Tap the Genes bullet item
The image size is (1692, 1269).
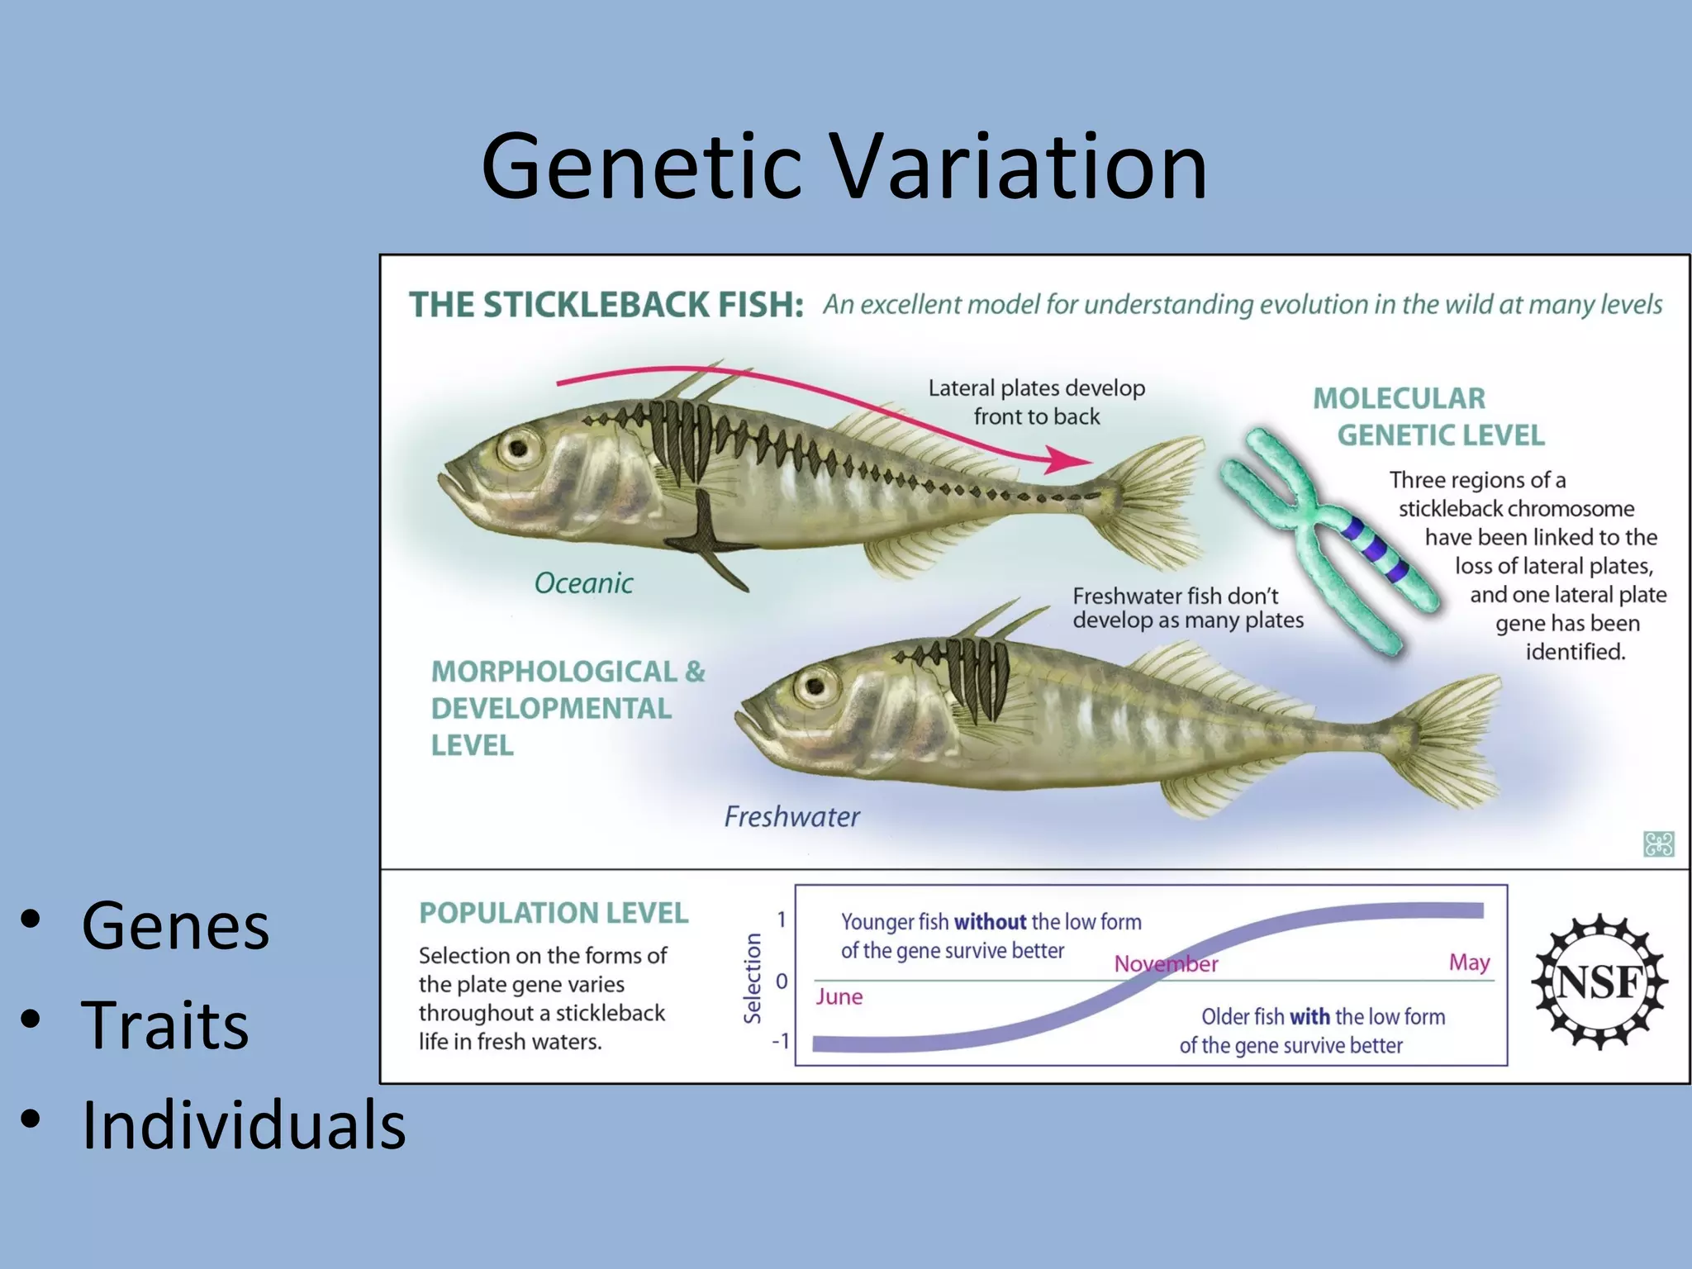[x=175, y=925]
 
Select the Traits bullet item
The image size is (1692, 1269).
[x=165, y=1024]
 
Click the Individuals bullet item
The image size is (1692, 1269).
[x=244, y=1125]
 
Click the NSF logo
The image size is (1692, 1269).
[x=1599, y=981]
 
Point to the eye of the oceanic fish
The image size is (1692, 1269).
[x=519, y=449]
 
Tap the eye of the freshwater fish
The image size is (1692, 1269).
[x=815, y=686]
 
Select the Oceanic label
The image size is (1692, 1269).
[x=583, y=583]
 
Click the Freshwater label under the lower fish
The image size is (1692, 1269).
[x=791, y=817]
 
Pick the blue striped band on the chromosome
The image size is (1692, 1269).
[x=1375, y=549]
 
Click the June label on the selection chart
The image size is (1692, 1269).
[x=839, y=997]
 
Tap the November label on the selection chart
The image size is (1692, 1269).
[x=1166, y=964]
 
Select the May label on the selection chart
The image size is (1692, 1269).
[x=1469, y=962]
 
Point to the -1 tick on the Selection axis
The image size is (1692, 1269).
[x=780, y=1041]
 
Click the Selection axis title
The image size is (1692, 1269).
[x=753, y=978]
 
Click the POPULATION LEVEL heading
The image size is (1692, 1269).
[x=554, y=913]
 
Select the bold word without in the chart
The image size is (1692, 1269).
[x=990, y=922]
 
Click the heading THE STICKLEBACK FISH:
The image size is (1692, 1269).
[x=606, y=305]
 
